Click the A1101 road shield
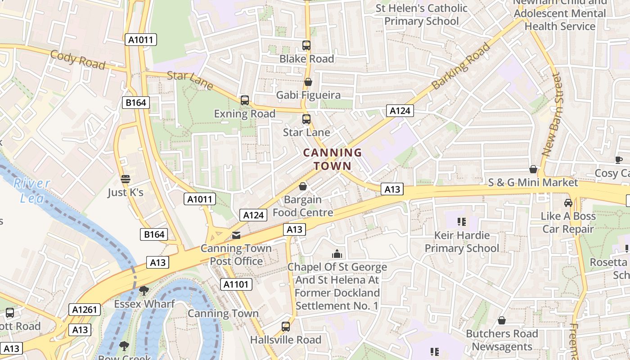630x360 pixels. pos(236,284)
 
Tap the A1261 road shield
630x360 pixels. pos(85,310)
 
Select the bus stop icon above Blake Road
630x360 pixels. pos(306,45)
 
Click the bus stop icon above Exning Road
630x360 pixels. pos(244,100)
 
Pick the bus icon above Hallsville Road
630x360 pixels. pos(286,327)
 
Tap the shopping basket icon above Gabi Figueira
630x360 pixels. pos(308,82)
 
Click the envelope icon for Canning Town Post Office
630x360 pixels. pos(236,235)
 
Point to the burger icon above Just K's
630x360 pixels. pos(126,179)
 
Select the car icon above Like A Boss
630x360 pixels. pos(568,203)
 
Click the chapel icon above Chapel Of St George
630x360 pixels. pos(337,254)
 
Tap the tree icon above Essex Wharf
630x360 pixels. pos(144,291)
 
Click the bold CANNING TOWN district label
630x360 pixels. pos(333,159)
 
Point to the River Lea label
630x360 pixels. pos(31,190)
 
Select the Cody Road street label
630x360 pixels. pos(77,60)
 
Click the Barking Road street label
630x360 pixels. pos(461,66)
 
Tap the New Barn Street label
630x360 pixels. pos(552,115)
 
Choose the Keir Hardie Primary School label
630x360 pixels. pos(462,242)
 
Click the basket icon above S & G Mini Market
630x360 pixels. pos(533,169)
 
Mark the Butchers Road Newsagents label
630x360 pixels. pos(502,340)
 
